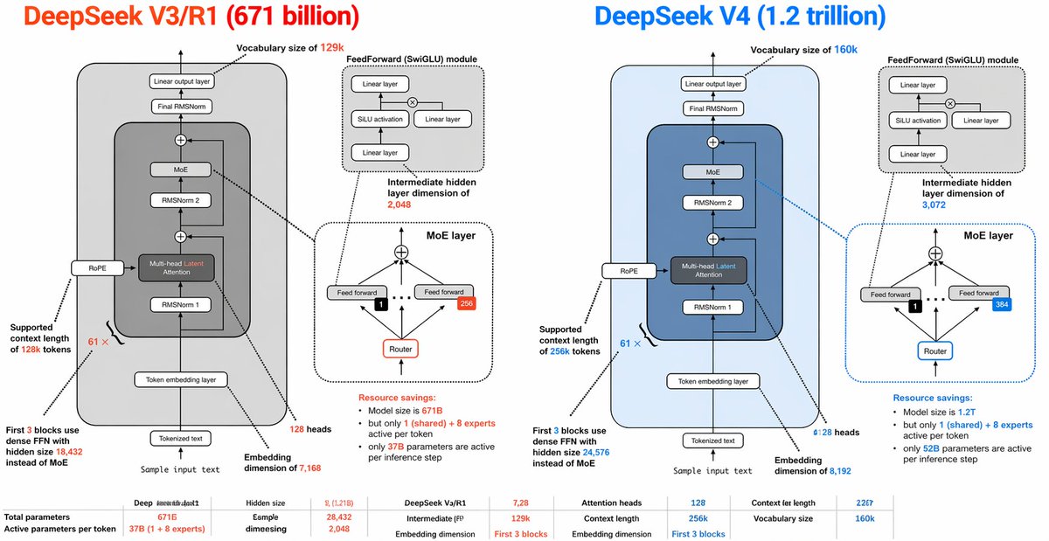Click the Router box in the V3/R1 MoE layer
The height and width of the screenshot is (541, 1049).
(401, 350)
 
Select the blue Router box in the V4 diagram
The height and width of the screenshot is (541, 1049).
(934, 351)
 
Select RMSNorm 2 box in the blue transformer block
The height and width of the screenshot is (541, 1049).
(712, 202)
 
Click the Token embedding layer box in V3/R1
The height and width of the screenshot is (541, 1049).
(181, 379)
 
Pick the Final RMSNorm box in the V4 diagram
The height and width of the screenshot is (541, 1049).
(712, 108)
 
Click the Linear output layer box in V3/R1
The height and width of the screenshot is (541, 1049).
(181, 81)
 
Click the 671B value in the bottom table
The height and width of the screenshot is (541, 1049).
(155, 517)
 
